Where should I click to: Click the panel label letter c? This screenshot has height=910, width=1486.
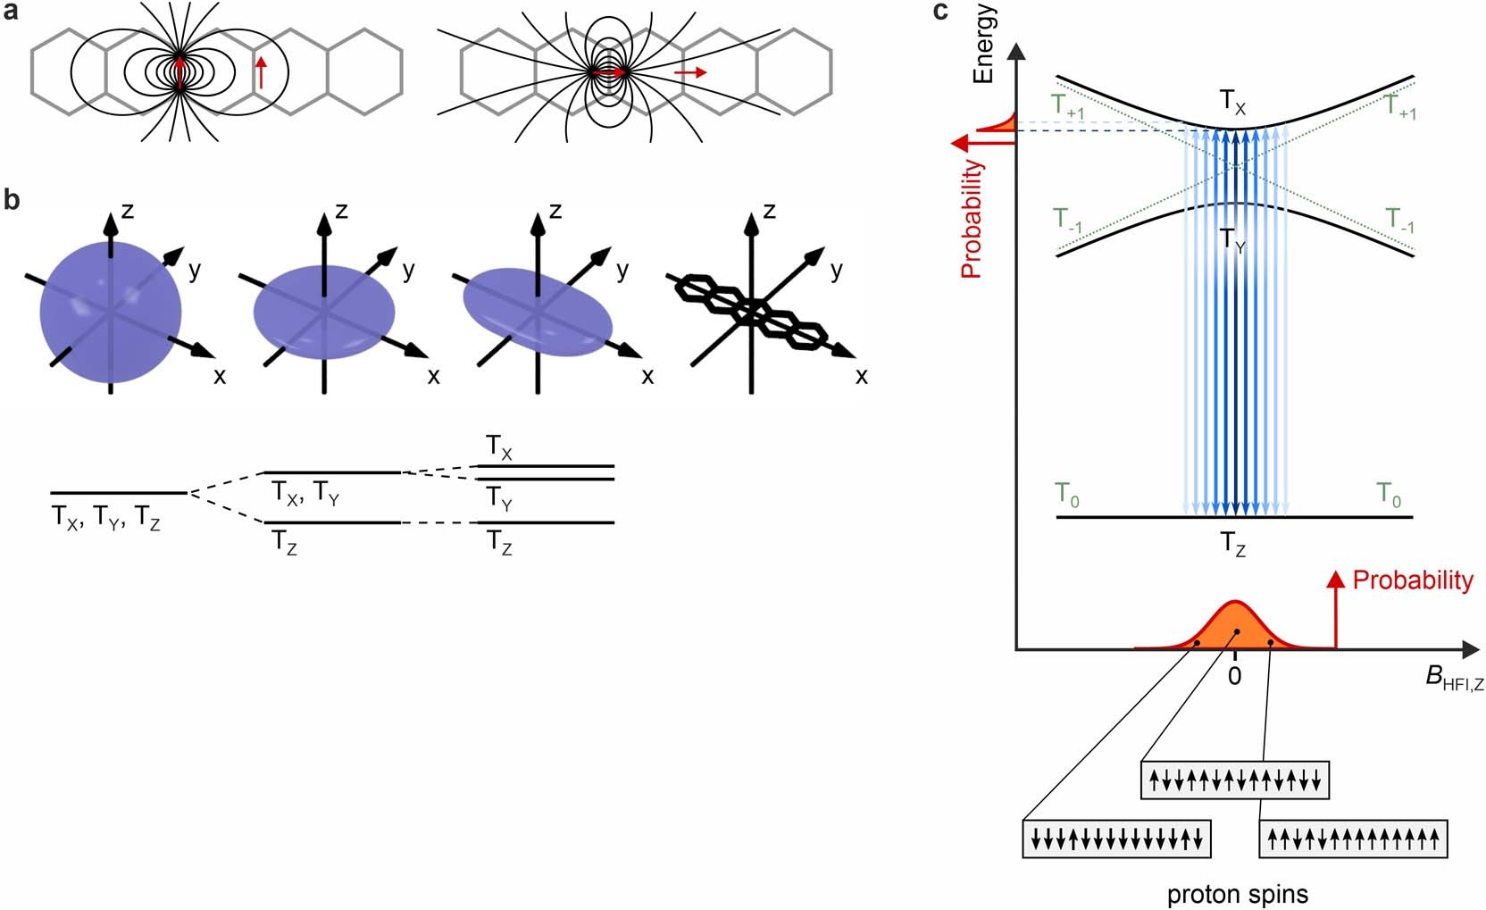(939, 12)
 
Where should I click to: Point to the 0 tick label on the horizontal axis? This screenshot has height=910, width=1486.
(1234, 676)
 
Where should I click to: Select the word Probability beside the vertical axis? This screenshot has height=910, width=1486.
(971, 219)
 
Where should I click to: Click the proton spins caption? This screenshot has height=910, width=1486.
(1237, 893)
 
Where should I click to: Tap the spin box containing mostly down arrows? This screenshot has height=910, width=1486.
(1116, 839)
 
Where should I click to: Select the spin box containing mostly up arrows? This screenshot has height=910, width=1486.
(1352, 839)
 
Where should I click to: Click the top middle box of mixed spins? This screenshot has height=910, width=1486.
(1235, 781)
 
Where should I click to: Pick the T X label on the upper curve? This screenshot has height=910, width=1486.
(1232, 103)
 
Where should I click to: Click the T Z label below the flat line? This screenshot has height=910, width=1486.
(1232, 543)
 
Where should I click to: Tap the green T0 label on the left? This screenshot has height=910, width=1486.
(1066, 494)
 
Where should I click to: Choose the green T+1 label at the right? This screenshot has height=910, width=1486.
(1399, 107)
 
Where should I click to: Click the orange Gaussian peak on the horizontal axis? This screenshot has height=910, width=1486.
(1234, 625)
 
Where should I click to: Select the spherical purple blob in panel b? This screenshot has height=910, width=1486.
(110, 313)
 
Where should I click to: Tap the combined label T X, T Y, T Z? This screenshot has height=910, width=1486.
(105, 517)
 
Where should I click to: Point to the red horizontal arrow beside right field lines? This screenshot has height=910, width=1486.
(689, 71)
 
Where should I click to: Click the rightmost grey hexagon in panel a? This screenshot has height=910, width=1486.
(794, 71)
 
